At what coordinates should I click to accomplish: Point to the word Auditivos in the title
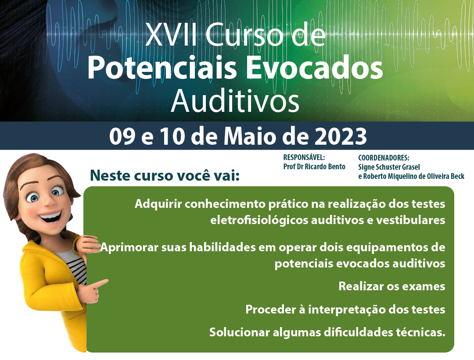[x=235, y=100]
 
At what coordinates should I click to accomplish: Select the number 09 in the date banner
[x=122, y=136]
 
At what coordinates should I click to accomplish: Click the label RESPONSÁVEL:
[x=304, y=157]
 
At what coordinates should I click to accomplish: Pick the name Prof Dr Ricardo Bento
[x=314, y=167]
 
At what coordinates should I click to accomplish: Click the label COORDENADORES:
[x=384, y=158]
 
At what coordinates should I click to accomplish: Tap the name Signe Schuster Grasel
[x=389, y=167]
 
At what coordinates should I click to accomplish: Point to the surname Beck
[x=457, y=176]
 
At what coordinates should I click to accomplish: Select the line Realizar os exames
[x=392, y=286]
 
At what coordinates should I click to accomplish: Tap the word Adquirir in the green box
[x=158, y=204]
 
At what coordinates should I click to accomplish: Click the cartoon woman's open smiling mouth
[x=50, y=217]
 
